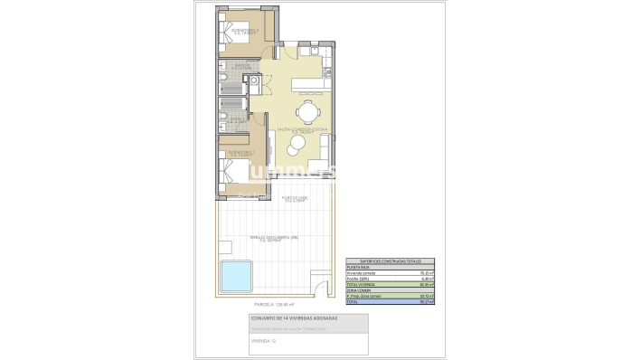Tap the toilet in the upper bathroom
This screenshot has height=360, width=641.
(222, 83)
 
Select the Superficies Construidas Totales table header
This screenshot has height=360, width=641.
(390, 260)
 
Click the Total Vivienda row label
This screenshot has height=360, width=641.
(362, 284)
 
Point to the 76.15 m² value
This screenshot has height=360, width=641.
(424, 272)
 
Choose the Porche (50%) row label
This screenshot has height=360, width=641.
(359, 279)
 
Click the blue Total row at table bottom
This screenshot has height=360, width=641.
(390, 301)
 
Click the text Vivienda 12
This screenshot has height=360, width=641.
(264, 343)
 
